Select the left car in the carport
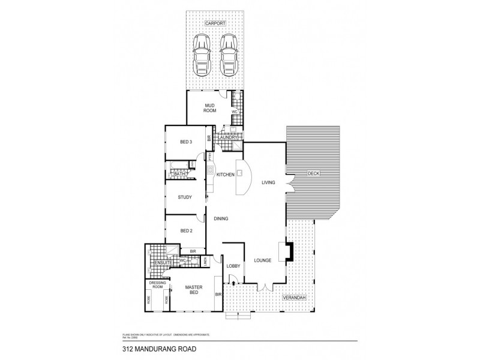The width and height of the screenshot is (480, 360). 201,52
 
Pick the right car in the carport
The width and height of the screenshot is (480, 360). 228,52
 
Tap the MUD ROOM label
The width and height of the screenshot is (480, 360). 210,108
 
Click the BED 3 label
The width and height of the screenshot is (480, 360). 186,142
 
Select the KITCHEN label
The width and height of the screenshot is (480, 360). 225,175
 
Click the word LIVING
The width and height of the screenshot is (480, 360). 268,182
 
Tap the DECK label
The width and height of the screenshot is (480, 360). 313,173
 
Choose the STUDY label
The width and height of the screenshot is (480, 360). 185,197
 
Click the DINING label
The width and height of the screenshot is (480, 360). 221,218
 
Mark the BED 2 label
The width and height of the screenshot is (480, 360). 187,231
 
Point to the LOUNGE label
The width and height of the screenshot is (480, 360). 262,260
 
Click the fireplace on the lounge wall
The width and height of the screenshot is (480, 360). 290,251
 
